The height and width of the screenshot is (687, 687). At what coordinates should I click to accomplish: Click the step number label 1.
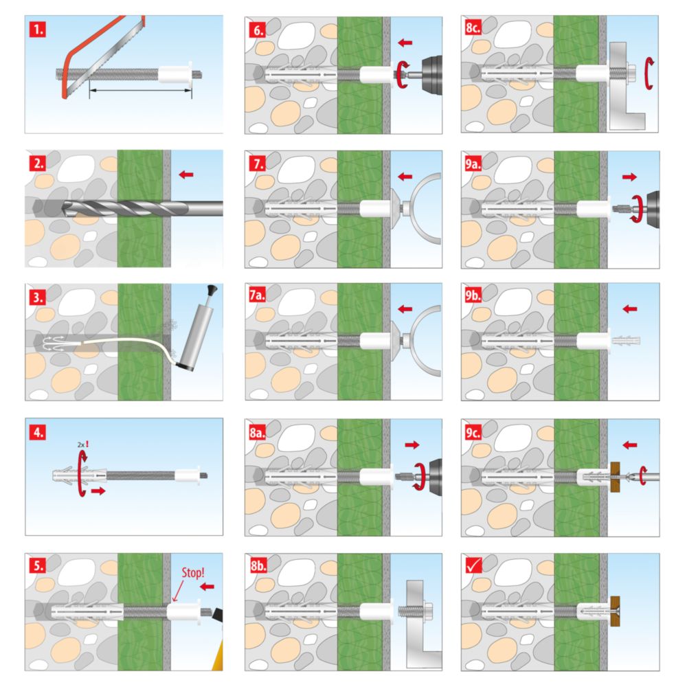(38, 30)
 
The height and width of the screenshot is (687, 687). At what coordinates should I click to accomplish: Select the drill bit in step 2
(143, 208)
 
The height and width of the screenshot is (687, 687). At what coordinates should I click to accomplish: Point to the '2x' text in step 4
(81, 444)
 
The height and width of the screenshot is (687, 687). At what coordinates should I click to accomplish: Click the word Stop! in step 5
(193, 573)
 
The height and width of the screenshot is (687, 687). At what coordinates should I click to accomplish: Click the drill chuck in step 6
(431, 75)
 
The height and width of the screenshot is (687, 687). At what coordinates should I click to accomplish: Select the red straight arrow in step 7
(405, 177)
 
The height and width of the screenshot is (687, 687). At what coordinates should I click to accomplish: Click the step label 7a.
(257, 295)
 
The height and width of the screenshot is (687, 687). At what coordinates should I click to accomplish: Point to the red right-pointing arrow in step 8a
(412, 445)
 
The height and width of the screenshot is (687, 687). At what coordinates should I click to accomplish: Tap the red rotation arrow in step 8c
(649, 74)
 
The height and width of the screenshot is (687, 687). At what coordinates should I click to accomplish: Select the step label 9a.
(473, 164)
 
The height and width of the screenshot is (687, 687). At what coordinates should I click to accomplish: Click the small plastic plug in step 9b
(626, 341)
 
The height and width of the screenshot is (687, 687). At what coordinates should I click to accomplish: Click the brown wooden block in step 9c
(615, 476)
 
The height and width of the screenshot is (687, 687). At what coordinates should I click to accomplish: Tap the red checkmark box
(473, 565)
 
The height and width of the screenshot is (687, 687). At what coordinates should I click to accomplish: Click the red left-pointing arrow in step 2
(186, 174)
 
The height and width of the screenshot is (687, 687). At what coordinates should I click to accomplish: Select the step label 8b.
(258, 565)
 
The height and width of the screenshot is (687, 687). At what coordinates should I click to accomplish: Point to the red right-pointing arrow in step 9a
(629, 177)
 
